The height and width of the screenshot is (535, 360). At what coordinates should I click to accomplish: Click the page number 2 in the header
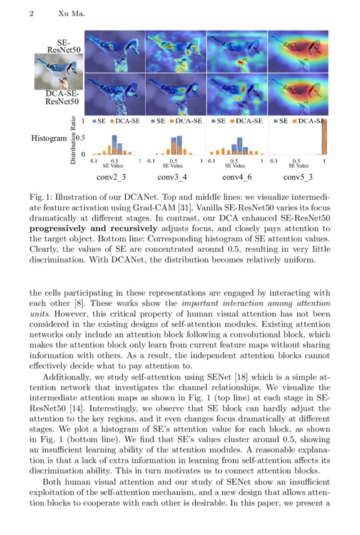(x=31, y=14)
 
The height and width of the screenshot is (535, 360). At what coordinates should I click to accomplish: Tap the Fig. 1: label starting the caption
(x=42, y=197)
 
